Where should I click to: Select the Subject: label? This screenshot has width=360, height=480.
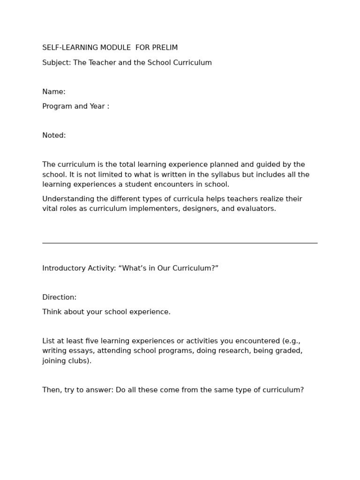click(x=56, y=63)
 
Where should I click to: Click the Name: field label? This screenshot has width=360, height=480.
click(x=54, y=92)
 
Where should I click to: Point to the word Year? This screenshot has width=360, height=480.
click(x=96, y=106)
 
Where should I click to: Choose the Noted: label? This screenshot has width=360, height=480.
click(x=54, y=135)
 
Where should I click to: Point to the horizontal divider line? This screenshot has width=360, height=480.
click(x=180, y=243)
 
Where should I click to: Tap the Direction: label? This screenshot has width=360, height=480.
click(x=59, y=298)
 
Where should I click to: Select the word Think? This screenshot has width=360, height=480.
click(x=52, y=312)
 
